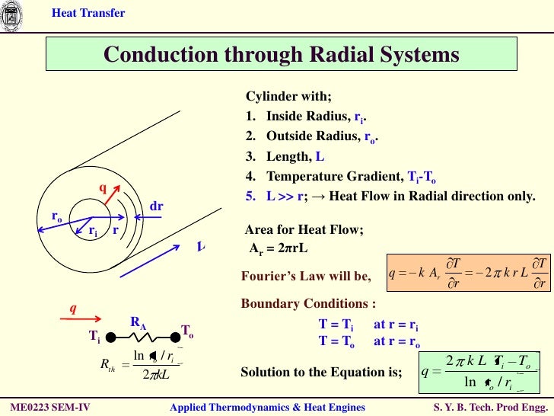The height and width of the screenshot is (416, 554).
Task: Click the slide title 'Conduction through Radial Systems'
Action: point(282,55)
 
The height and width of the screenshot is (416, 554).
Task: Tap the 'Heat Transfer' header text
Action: point(88,13)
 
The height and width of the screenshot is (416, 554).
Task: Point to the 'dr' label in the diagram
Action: point(157,206)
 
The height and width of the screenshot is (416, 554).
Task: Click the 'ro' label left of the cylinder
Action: point(57,217)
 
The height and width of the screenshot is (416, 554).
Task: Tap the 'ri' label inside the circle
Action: point(93,231)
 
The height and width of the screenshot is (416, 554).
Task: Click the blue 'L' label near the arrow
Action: point(201,247)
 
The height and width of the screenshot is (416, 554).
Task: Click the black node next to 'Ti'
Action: point(110,336)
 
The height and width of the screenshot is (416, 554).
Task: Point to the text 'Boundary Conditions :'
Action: point(308,303)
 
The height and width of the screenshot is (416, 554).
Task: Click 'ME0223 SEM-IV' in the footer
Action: point(50,408)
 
